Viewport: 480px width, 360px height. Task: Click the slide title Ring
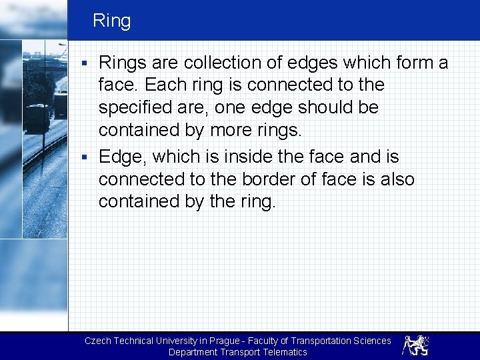click(111, 21)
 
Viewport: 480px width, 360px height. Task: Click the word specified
click(141, 108)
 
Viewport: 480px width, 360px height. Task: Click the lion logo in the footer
click(415, 345)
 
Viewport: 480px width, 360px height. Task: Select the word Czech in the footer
click(98, 341)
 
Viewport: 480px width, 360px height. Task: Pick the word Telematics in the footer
click(285, 352)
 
